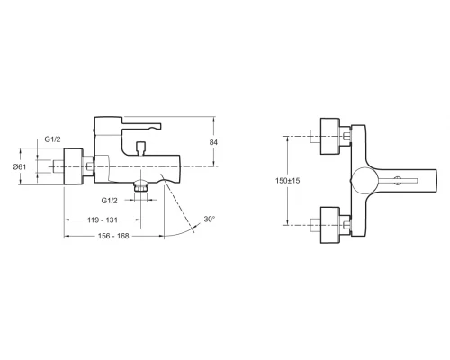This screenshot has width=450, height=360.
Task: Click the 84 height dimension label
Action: point(213,142)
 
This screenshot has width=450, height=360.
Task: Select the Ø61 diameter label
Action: point(19,166)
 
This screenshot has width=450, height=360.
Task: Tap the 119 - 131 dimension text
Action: point(103,220)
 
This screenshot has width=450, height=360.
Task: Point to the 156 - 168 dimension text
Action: point(113,236)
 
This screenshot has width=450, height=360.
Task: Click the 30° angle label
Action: point(210,220)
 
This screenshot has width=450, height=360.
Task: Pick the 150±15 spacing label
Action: point(288,181)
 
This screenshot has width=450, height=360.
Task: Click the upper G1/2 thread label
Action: point(52,139)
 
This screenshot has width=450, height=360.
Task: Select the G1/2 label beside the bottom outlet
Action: point(109,201)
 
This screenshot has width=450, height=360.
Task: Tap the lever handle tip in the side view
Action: point(158,126)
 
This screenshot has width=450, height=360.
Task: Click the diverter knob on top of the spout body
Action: point(140,148)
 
